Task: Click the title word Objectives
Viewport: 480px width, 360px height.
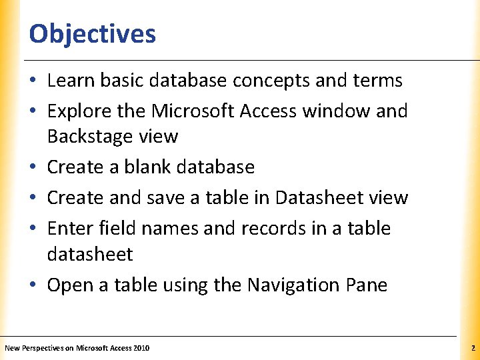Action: (93, 33)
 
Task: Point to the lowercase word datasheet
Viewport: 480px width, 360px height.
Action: (90, 255)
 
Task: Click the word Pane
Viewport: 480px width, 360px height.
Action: (366, 285)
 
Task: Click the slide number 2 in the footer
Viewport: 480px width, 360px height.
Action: (472, 348)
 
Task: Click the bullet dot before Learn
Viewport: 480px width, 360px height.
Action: (33, 81)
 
